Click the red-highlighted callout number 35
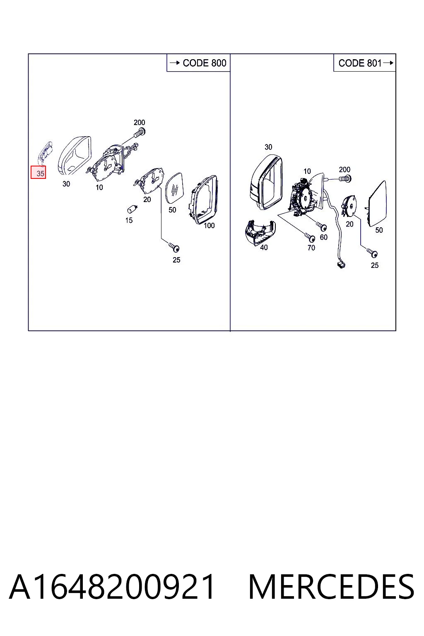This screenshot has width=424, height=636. pyautogui.click(x=39, y=173)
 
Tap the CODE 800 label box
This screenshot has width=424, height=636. pyautogui.click(x=198, y=63)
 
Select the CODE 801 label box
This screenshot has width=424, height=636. pyautogui.click(x=365, y=63)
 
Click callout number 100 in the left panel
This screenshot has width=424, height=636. pyautogui.click(x=209, y=226)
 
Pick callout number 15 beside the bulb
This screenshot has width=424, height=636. pyautogui.click(x=129, y=220)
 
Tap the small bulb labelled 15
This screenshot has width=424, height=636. pyautogui.click(x=132, y=210)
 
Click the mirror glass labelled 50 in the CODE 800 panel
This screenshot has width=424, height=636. pyautogui.click(x=174, y=188)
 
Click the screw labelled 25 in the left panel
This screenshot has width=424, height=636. pyautogui.click(x=174, y=247)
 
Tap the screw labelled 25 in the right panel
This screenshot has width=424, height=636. pyautogui.click(x=372, y=253)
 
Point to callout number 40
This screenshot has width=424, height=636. pyautogui.click(x=264, y=248)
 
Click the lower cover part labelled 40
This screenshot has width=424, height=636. pyautogui.click(x=260, y=232)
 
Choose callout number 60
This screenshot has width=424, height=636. pyautogui.click(x=324, y=237)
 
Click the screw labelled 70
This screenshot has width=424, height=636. pyautogui.click(x=310, y=236)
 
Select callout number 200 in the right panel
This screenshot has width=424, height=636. pyautogui.click(x=344, y=169)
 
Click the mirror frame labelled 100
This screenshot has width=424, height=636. pyautogui.click(x=203, y=200)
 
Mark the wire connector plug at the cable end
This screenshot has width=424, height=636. pyautogui.click(x=341, y=265)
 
